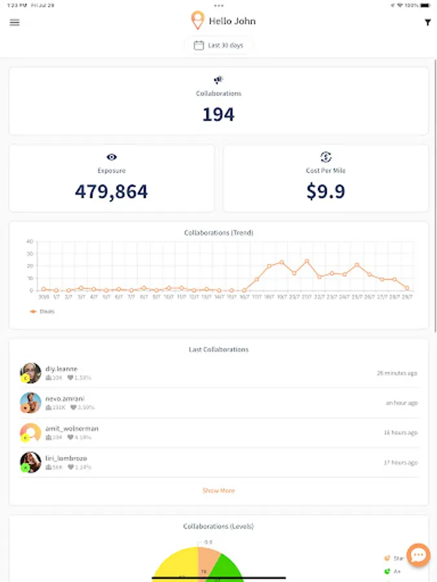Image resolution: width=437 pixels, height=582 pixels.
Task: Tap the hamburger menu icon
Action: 15,22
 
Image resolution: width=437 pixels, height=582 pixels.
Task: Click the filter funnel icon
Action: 427,23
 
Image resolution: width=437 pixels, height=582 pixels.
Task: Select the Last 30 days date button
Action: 219,45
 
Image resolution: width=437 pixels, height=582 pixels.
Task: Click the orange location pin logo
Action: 197,21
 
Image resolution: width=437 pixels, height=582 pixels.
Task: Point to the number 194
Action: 218,114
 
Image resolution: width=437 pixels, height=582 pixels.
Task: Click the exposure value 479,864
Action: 111,191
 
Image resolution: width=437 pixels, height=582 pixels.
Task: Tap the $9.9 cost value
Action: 326,191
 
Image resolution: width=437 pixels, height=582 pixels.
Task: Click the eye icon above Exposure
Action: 111,157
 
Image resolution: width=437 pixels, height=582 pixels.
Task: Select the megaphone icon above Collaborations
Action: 218,80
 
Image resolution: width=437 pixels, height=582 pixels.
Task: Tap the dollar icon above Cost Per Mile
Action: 326,157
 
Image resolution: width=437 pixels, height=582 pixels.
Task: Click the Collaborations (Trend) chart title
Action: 218,233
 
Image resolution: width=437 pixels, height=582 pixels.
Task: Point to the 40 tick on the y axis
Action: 30,241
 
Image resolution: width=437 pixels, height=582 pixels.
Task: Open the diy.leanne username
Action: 62,369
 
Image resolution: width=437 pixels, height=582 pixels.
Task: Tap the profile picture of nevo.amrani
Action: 30,403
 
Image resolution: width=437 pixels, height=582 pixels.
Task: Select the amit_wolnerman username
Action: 72,428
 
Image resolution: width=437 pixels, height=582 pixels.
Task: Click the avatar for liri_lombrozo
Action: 30,462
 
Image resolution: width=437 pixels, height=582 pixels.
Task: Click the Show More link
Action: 218,491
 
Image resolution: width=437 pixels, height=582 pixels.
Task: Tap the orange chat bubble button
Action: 418,555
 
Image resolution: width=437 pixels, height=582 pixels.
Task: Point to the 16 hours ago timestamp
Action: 400,433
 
